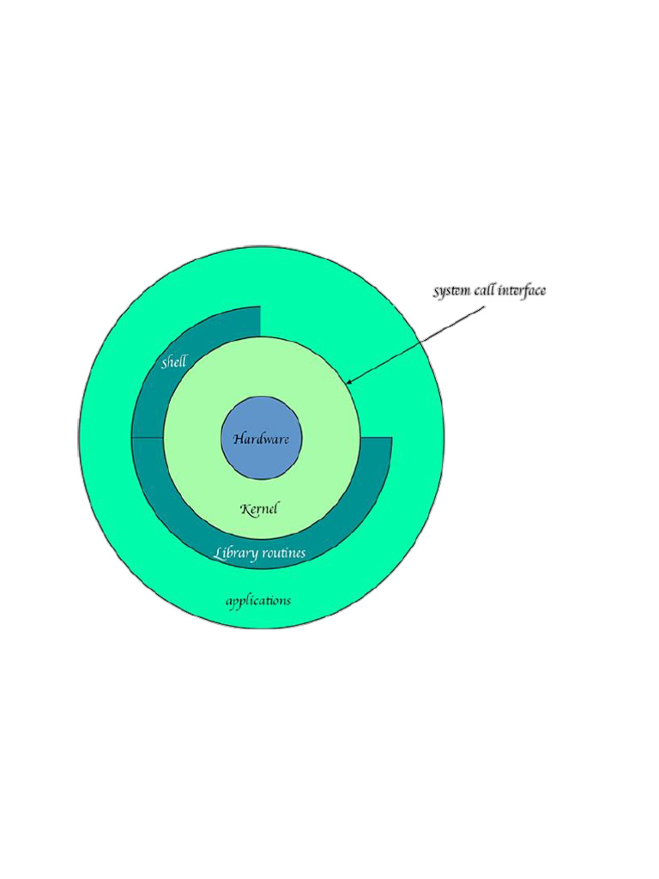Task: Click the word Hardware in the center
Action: click(x=261, y=439)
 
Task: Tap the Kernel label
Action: click(x=259, y=509)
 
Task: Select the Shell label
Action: click(x=174, y=362)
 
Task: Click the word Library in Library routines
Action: click(x=235, y=553)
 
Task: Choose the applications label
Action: click(x=258, y=601)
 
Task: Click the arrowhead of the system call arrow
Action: click(x=349, y=381)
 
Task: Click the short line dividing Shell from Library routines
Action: click(x=148, y=437)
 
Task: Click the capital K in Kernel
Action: click(x=245, y=509)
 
